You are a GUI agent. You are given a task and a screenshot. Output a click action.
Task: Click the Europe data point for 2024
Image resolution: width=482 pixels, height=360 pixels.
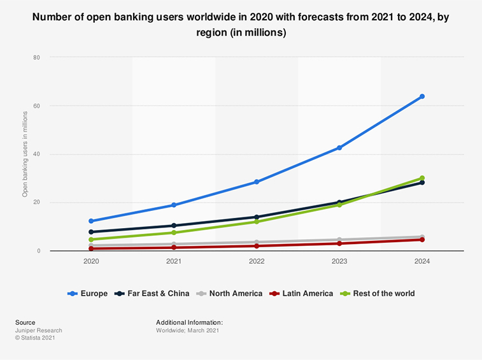coord(422,96)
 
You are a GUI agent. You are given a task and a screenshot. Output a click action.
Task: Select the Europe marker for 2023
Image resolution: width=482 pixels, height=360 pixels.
coord(339,148)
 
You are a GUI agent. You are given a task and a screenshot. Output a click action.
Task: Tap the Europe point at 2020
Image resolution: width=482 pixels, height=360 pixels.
coord(91,221)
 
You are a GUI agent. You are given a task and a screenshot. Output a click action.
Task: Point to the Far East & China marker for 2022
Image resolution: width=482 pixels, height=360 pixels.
coord(257,217)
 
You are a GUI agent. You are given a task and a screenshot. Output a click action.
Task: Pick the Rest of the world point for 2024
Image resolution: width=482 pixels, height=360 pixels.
coord(422,178)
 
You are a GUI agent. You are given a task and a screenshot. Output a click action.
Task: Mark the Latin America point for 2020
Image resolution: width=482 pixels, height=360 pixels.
coord(91,248)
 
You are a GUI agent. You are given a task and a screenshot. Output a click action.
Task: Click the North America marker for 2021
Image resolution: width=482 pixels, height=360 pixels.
coord(174,244)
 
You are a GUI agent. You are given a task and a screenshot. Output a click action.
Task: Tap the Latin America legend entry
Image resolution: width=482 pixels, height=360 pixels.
coord(304,294)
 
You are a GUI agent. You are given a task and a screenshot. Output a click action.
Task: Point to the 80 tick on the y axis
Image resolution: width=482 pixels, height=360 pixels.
coord(36,57)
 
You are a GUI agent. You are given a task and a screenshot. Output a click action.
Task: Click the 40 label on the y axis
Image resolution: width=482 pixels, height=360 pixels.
coord(36,154)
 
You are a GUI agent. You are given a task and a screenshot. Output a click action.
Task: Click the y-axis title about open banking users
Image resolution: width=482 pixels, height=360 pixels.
coord(25,154)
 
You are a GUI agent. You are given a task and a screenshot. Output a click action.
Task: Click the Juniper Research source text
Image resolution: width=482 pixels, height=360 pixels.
coord(38,331)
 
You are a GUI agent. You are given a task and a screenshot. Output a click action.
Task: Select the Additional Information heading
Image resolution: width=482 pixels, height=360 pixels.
coord(189,323)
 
